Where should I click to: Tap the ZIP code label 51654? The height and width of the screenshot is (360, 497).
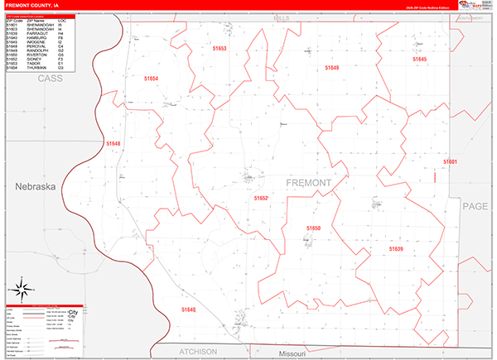pyautogui.click(x=151, y=77)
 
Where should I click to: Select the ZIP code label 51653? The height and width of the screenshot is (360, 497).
pyautogui.click(x=219, y=50)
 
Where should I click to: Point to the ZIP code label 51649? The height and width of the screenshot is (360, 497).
pyautogui.click(x=331, y=67)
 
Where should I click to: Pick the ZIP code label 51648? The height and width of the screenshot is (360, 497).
pyautogui.click(x=113, y=143)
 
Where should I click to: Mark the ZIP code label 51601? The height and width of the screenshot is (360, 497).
pyautogui.click(x=450, y=161)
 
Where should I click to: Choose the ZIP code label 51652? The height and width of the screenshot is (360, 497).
pyautogui.click(x=262, y=199)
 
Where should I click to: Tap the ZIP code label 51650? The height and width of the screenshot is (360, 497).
pyautogui.click(x=314, y=228)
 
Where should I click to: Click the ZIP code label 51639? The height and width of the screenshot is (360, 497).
pyautogui.click(x=396, y=248)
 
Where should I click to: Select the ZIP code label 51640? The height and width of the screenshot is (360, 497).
pyautogui.click(x=188, y=309)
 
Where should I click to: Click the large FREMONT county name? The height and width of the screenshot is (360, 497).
pyautogui.click(x=309, y=182)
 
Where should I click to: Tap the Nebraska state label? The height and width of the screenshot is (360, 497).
pyautogui.click(x=34, y=187)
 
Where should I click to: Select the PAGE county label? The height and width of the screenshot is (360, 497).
pyautogui.click(x=476, y=206)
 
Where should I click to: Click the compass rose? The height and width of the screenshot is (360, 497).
pyautogui.click(x=23, y=290)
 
